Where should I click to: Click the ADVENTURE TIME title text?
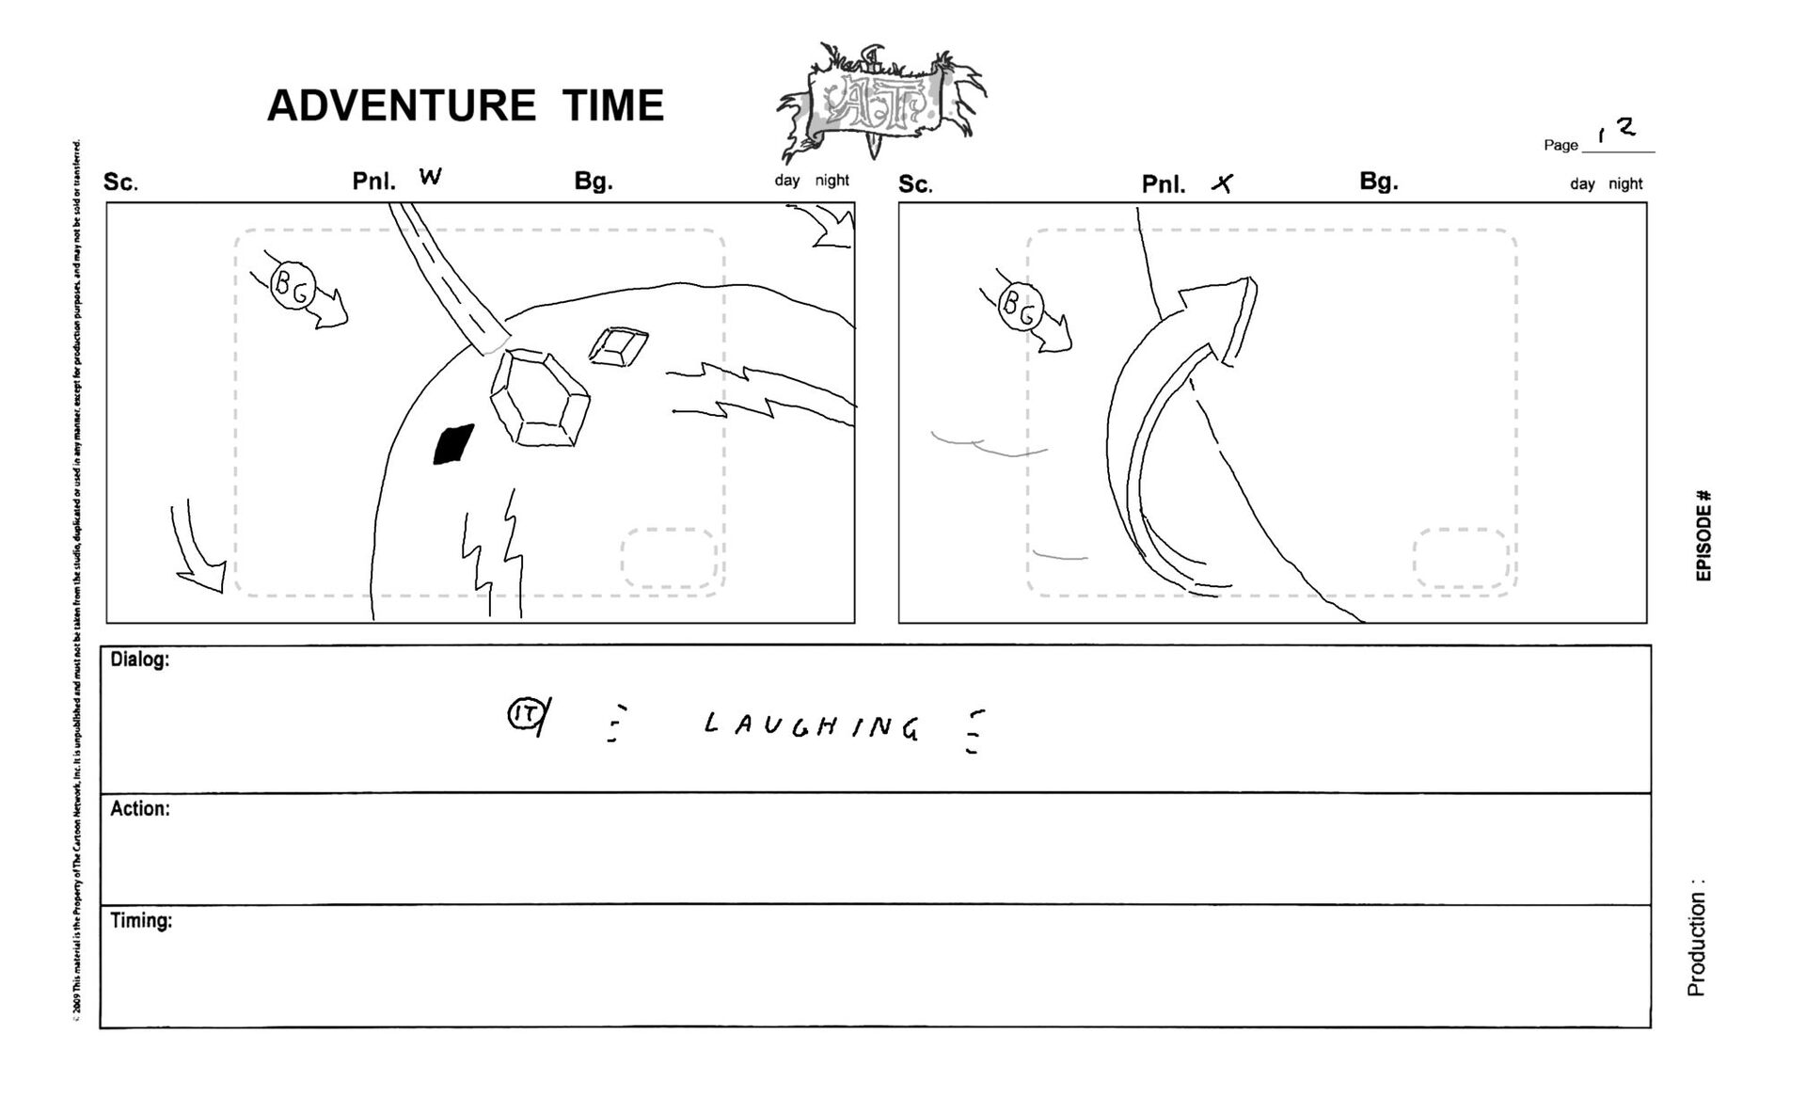[466, 105]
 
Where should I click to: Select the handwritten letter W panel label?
[430, 176]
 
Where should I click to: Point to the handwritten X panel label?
[1221, 183]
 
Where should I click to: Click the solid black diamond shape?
[453, 444]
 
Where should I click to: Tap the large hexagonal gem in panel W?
[540, 397]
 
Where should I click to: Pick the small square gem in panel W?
[618, 346]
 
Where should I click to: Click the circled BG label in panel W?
[291, 286]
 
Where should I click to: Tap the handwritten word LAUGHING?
[812, 726]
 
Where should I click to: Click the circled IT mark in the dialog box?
[525, 716]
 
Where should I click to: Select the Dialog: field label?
[139, 660]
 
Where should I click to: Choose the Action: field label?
[139, 809]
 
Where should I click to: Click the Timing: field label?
[141, 920]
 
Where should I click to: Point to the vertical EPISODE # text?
[1703, 535]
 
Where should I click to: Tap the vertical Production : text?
[1696, 938]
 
